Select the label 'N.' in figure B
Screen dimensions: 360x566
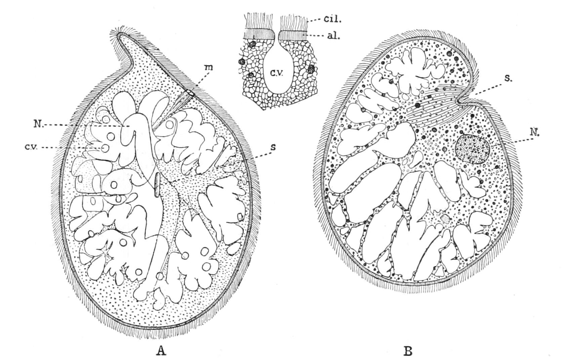[x=534, y=133]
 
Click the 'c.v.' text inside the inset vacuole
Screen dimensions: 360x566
[x=277, y=72]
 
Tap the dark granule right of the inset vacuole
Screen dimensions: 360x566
[x=311, y=69]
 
